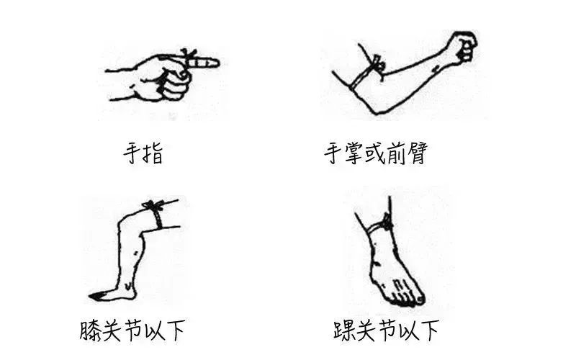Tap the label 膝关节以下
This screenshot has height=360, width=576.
click(x=133, y=331)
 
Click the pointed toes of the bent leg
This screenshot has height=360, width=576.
click(x=96, y=296)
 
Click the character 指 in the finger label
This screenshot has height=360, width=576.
click(x=154, y=154)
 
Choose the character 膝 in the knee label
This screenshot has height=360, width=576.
click(x=92, y=331)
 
